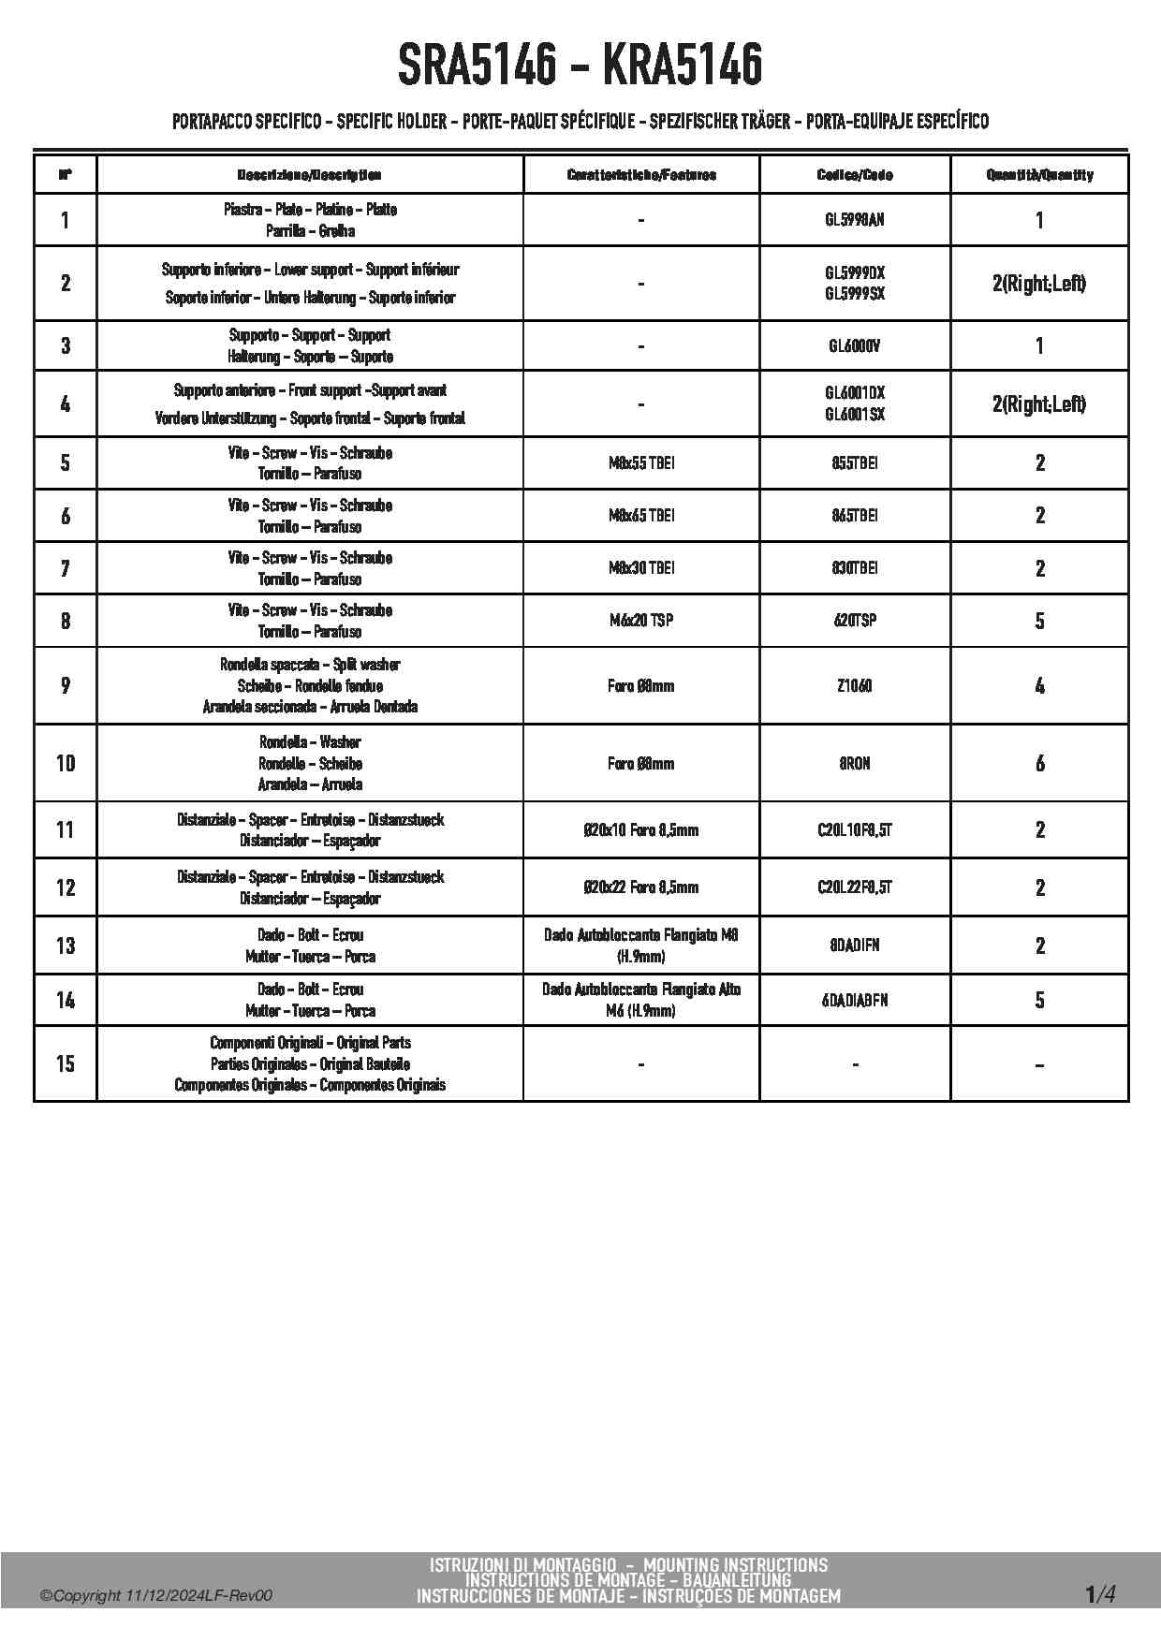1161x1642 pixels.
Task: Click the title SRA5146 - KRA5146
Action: pyautogui.click(x=580, y=66)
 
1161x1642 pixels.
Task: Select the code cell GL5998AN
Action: pyautogui.click(x=854, y=220)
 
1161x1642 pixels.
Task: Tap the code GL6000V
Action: pyautogui.click(x=854, y=345)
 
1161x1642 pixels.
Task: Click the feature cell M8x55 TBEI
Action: pyautogui.click(x=641, y=462)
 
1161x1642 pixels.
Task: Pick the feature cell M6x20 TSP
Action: pyautogui.click(x=641, y=620)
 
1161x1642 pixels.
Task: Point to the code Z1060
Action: pyautogui.click(x=854, y=685)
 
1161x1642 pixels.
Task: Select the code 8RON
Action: pyautogui.click(x=854, y=763)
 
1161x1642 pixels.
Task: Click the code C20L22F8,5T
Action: pyautogui.click(x=854, y=887)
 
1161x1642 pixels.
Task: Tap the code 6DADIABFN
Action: pyautogui.click(x=854, y=1000)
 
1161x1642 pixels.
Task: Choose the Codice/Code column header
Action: pyautogui.click(x=854, y=175)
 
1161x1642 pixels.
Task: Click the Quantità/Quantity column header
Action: pyautogui.click(x=1039, y=175)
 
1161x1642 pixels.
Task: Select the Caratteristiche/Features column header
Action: pyautogui.click(x=641, y=175)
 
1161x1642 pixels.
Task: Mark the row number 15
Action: pyautogui.click(x=65, y=1063)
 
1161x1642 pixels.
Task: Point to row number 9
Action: pyautogui.click(x=65, y=685)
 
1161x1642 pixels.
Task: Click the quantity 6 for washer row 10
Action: pyautogui.click(x=1039, y=763)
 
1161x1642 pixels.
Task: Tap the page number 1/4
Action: pyautogui.click(x=1099, y=1593)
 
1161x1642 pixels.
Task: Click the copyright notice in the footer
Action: pyautogui.click(x=156, y=1596)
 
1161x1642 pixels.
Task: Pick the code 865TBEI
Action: pyautogui.click(x=854, y=515)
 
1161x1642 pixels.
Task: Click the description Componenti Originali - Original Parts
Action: pyautogui.click(x=310, y=1043)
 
